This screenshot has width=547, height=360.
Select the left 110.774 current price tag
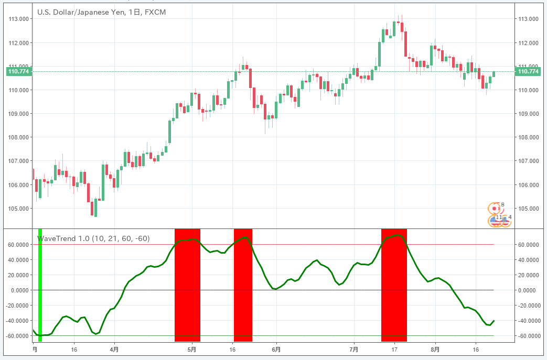(18, 71)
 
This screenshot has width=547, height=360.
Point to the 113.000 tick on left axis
(19, 19)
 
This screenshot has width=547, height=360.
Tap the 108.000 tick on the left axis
(19, 137)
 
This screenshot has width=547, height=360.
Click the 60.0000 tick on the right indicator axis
(528, 245)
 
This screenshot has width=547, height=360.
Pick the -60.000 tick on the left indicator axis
(18, 336)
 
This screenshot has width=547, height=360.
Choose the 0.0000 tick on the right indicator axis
(528, 290)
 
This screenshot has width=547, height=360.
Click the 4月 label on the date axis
(114, 348)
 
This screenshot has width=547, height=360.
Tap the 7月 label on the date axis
(354, 348)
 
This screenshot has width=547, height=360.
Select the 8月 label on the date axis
(435, 348)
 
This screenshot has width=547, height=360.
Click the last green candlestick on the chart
(494, 74)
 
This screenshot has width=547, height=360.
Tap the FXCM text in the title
(156, 12)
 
